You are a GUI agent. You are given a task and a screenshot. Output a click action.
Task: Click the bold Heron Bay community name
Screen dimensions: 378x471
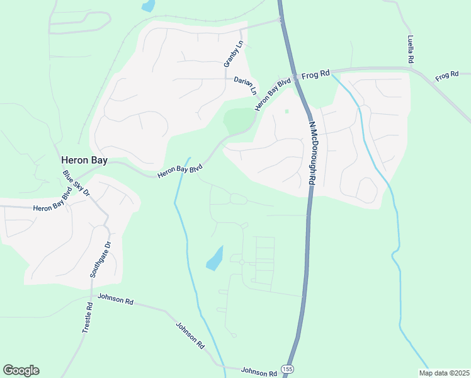point(84,160)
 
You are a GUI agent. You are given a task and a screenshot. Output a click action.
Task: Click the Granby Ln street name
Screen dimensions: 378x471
point(232,54)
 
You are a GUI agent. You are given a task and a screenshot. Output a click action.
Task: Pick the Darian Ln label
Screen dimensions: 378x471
point(246,85)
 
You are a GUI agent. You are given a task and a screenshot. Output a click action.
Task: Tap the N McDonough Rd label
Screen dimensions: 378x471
point(312,152)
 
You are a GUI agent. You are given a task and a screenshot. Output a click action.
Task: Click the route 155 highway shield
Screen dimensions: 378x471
point(288,369)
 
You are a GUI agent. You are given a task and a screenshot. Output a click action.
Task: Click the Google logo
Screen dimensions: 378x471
point(21,370)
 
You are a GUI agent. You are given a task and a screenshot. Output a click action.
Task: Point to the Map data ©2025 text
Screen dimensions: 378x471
point(443,373)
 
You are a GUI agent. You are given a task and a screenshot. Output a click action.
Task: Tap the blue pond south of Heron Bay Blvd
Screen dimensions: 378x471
point(215,258)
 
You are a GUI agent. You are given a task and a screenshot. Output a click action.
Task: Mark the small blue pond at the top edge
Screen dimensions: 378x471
point(148,6)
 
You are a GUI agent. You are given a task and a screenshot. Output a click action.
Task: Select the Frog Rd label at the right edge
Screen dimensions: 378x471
point(446,76)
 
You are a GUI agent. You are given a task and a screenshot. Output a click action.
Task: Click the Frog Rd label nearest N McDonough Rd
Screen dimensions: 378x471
point(315,74)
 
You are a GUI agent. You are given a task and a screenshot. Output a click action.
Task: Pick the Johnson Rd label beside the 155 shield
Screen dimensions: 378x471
point(259,372)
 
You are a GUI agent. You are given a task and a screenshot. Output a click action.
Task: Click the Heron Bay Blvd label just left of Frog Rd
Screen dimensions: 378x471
point(273,94)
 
